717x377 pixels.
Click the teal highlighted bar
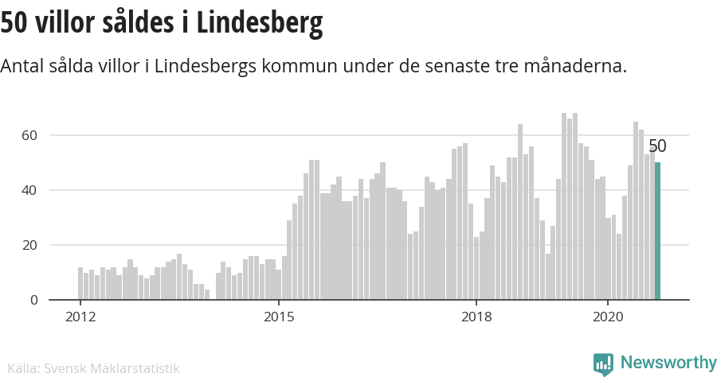pos(657,231)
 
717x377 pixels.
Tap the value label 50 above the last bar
pos(657,146)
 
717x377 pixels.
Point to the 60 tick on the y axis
pos(29,135)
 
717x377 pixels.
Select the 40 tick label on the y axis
pos(29,190)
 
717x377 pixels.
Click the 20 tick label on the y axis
pos(29,245)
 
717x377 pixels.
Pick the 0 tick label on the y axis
pos(33,300)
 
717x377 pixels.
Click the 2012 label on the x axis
pos(80,317)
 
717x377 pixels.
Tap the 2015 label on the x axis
pos(278,317)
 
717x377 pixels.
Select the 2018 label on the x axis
pos(476,317)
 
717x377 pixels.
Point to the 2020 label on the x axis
pos(609,317)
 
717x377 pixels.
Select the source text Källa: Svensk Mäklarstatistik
pos(90,368)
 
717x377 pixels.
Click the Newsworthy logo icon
pos(603,363)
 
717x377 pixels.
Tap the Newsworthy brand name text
pos(668,363)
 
